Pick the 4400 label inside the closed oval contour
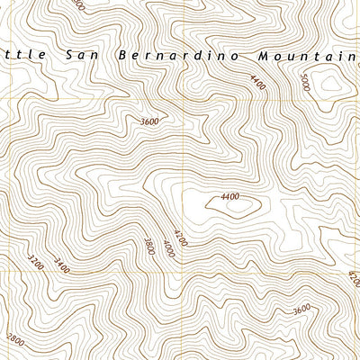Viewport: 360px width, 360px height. click(x=229, y=197)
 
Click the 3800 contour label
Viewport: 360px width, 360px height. click(x=149, y=243)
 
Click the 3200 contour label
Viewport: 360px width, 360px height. click(x=36, y=262)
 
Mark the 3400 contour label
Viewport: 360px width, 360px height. click(x=60, y=265)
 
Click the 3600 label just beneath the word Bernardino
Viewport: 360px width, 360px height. click(x=149, y=121)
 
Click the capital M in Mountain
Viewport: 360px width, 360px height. click(x=261, y=55)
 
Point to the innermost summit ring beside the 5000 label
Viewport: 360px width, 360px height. click(x=330, y=85)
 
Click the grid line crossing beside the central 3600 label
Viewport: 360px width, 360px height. click(x=186, y=121)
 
